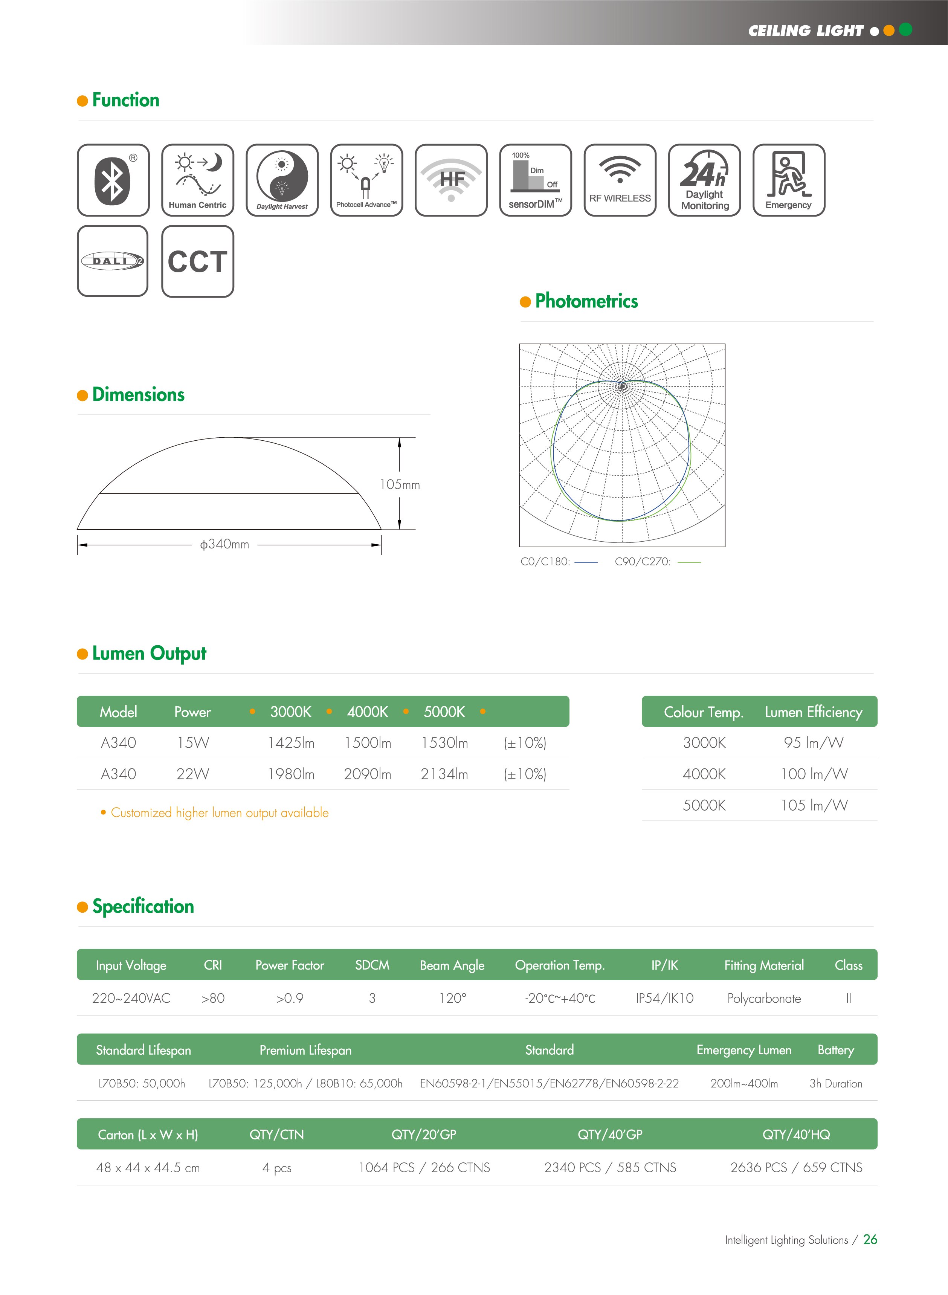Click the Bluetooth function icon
pos(113,180)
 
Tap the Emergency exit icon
pos(788,180)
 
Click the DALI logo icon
pos(113,261)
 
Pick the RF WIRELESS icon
pos(620,180)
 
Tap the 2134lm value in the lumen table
pos(444,774)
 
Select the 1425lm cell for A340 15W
pos(291,743)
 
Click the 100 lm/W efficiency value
pos(813,774)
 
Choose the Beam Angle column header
pos(452,966)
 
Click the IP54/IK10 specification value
pos(664,998)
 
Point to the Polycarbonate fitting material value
pos(764,998)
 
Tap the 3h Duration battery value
pos(835,1084)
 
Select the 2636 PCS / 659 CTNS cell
pos(796,1168)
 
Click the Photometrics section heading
pos(586,301)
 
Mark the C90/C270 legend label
pos(643,562)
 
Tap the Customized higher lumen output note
pos(219,813)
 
